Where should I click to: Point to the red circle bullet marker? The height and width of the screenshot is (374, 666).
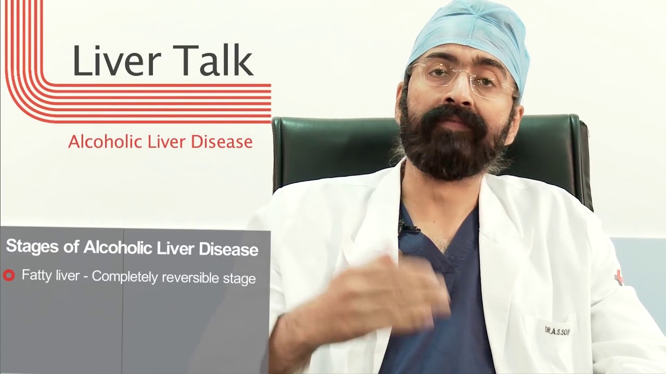(x=9, y=276)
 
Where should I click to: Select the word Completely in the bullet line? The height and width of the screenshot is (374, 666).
(x=125, y=277)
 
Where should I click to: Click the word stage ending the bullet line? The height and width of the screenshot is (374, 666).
(x=239, y=278)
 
